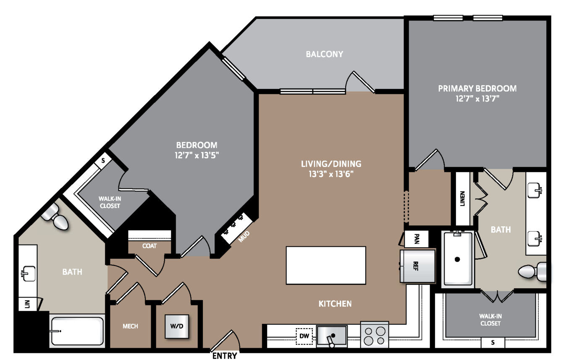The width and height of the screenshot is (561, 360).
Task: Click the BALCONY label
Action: tap(324, 54)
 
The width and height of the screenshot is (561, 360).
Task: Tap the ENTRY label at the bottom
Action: tap(225, 355)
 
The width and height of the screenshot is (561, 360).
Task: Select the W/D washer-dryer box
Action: tap(177, 326)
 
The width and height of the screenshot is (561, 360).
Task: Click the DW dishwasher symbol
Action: tap(304, 336)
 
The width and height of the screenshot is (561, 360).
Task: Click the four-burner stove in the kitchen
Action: tap(375, 335)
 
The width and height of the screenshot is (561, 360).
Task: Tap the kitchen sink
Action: tap(332, 336)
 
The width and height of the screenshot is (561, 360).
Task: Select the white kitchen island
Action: tap(326, 265)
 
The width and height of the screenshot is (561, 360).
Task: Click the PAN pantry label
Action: tap(417, 239)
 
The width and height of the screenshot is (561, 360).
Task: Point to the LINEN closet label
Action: tap(462, 198)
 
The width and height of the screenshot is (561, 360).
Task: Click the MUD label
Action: tap(244, 236)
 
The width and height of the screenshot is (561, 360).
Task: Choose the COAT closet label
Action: tap(149, 246)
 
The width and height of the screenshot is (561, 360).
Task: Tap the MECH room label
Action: tap(130, 326)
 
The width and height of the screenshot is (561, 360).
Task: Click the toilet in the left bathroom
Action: tap(55, 216)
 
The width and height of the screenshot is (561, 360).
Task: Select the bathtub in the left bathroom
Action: tap(77, 331)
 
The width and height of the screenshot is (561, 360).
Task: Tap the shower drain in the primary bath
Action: tap(457, 259)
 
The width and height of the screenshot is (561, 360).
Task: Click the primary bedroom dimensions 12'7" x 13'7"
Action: tap(477, 99)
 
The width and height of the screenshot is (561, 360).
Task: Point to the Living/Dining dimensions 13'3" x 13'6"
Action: tap(331, 174)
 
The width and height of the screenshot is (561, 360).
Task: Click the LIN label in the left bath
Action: tap(28, 304)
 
